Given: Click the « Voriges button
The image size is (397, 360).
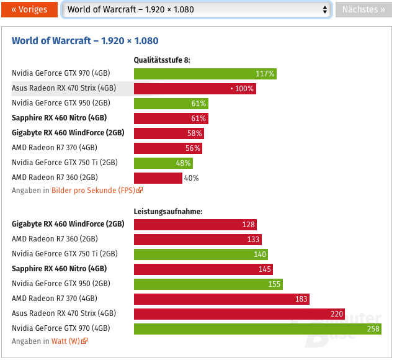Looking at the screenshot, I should [x=29, y=9].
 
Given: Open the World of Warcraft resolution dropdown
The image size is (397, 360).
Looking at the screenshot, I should [x=197, y=9].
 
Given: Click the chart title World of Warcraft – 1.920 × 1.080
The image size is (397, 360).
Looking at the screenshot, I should [x=85, y=41].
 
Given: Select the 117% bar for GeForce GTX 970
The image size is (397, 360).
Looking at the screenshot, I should [x=205, y=74].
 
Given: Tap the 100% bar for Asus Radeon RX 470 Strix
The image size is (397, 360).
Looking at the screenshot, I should [x=195, y=89].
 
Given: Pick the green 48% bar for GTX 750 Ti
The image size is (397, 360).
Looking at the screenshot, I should [x=163, y=163].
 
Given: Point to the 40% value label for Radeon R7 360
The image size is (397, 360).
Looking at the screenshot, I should [x=191, y=178].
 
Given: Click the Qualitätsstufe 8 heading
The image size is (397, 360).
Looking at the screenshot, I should [x=163, y=60].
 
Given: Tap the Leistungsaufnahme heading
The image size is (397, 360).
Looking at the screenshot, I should [x=168, y=212].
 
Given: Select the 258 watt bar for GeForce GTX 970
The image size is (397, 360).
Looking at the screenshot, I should [x=257, y=328].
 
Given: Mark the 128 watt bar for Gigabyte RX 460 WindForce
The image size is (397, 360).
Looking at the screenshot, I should [x=195, y=225].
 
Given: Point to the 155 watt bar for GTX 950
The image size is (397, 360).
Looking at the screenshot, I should [x=208, y=284].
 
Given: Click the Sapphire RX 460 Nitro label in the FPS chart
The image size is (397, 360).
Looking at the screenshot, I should [x=59, y=119].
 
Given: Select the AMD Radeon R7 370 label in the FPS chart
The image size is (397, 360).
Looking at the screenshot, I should [x=54, y=148].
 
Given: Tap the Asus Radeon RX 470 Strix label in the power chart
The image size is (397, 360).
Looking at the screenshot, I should [x=64, y=313].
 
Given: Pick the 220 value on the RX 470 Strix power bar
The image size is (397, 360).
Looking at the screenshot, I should [x=337, y=313].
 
